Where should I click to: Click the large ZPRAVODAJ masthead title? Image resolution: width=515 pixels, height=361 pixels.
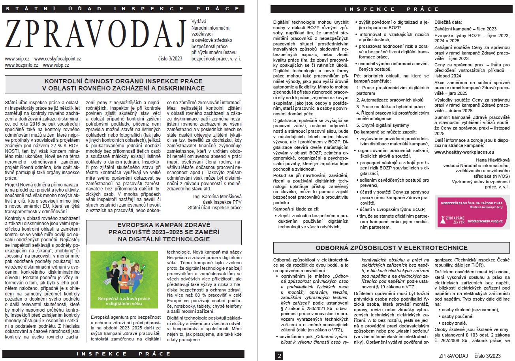coord(95,36)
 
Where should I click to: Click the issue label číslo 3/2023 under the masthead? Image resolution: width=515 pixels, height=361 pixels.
coord(169,59)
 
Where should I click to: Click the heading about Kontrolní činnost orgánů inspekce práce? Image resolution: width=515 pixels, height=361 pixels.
coord(124,85)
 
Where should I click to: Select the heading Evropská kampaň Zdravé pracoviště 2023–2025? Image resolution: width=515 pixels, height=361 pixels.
coord(164,232)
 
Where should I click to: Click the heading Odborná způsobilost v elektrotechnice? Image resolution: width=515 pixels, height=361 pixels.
coord(391,248)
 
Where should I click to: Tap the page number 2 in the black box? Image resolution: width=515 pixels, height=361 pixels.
coord(280,356)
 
